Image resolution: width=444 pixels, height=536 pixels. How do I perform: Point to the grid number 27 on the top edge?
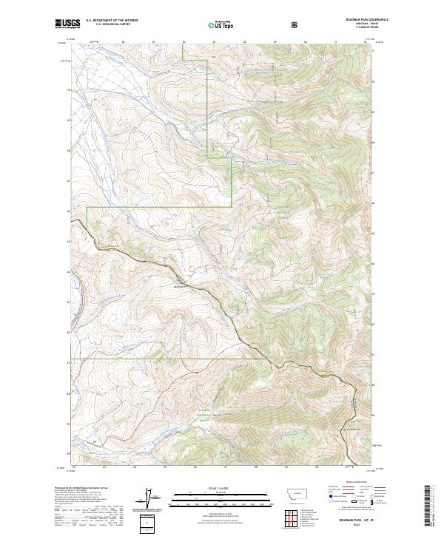(x=214, y=42)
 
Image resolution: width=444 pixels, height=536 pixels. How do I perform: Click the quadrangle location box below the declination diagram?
(x=147, y=523)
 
